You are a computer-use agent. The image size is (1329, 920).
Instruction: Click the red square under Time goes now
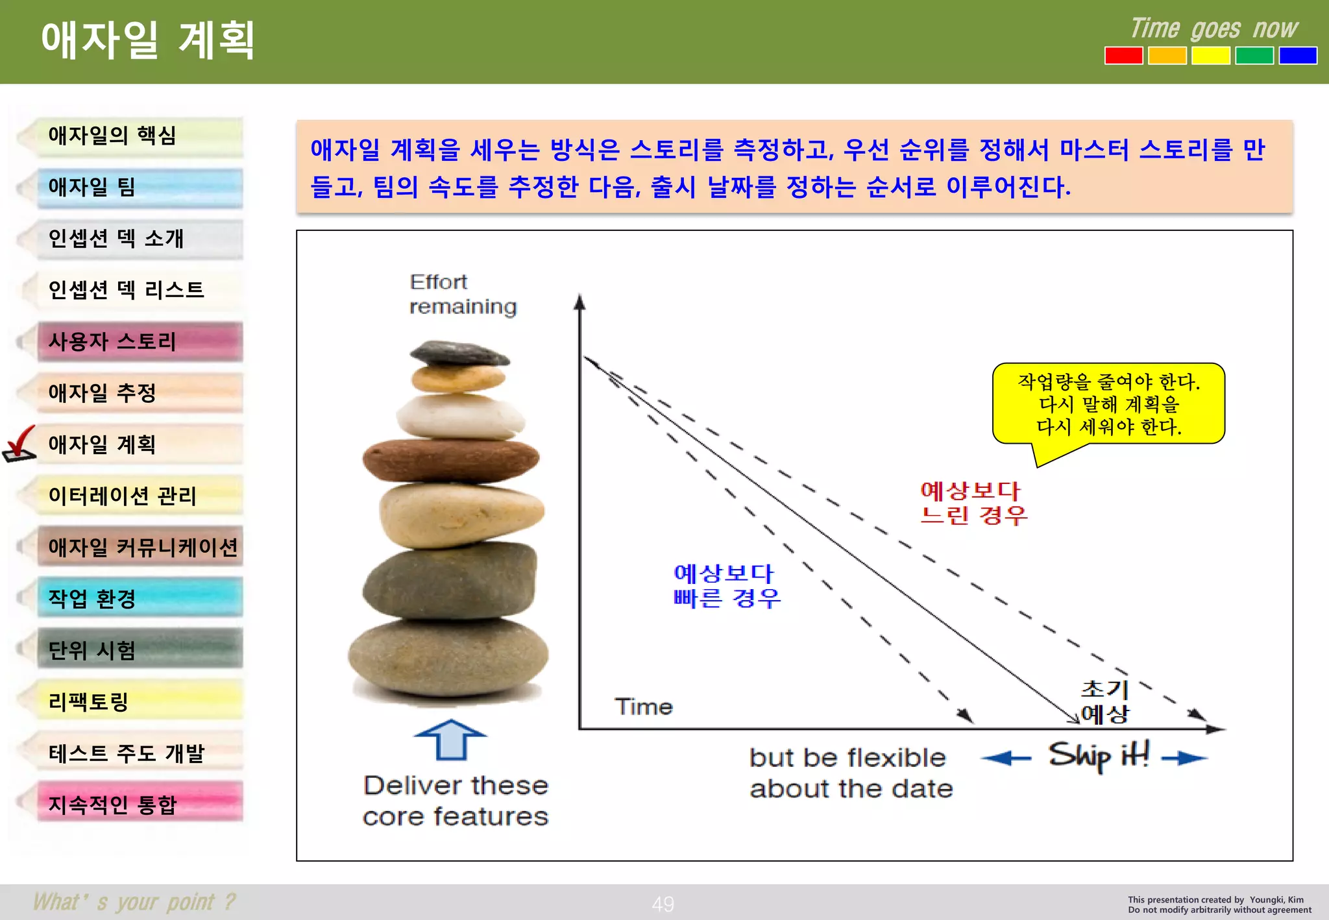[1123, 56]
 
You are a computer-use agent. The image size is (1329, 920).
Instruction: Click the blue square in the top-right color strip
[1297, 56]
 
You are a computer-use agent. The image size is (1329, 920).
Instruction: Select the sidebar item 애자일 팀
[140, 188]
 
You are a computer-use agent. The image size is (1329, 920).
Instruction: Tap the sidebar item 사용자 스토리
[140, 341]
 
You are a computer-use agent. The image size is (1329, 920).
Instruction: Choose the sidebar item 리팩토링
[140, 701]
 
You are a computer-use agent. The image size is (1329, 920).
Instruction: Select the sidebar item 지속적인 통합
[140, 804]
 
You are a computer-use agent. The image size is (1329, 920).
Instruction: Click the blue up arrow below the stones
[450, 739]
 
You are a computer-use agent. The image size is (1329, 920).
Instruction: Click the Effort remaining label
[462, 294]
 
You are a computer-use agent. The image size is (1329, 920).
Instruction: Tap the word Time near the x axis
[643, 707]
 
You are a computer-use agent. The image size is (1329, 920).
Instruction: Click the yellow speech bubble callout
[1108, 404]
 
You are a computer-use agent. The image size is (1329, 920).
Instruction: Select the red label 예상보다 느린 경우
[973, 503]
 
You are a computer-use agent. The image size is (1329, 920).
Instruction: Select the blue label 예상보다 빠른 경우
[726, 585]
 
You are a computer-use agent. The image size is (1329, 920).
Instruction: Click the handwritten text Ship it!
[1099, 756]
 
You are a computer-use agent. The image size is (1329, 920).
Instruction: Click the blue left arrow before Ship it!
[1006, 758]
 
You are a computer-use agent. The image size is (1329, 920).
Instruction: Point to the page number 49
[663, 904]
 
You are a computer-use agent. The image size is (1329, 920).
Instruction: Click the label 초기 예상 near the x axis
[1104, 702]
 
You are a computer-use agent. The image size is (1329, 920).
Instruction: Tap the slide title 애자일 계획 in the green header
[148, 40]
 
